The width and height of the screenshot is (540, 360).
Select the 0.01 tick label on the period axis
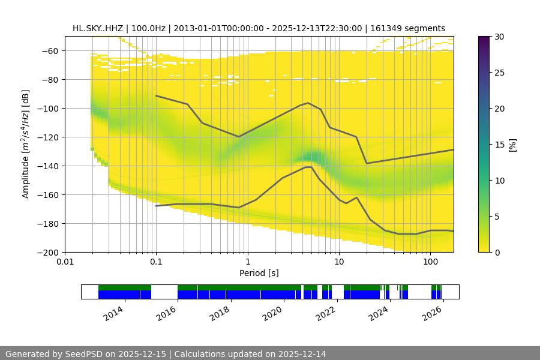tap(65, 262)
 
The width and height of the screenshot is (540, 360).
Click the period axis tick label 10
tap(339, 262)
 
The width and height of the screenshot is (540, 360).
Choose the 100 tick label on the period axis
tap(430, 262)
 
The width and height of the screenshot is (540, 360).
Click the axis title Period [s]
tap(259, 273)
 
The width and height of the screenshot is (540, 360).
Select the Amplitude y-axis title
tap(25, 144)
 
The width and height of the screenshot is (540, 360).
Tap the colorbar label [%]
tap(512, 145)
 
